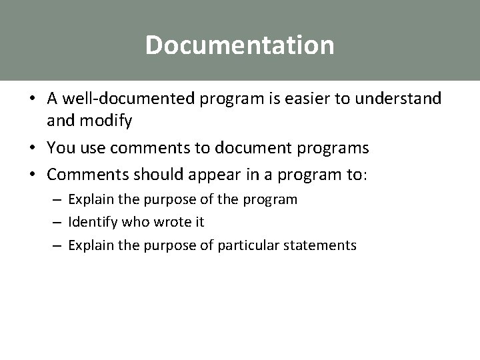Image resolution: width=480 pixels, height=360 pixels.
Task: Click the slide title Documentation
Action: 239,45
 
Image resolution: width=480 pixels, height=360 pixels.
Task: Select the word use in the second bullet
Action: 89,147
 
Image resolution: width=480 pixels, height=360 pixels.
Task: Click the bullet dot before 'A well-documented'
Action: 33,100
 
